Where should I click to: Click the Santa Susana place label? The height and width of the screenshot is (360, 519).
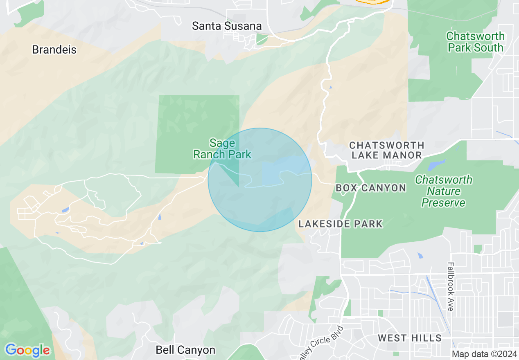(227, 26)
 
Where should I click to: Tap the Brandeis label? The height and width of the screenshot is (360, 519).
(54, 50)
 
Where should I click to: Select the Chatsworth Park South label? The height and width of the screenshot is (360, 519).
(475, 42)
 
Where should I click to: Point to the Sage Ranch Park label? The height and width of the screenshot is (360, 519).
(222, 148)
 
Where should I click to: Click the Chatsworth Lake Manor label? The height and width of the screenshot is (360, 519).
(386, 150)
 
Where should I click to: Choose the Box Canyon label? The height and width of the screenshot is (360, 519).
(371, 188)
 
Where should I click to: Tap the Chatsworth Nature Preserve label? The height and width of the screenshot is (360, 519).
(443, 191)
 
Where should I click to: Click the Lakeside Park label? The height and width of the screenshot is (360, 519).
(341, 224)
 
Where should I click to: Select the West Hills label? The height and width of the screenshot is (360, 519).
(410, 338)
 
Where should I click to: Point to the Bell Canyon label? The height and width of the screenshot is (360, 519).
(185, 350)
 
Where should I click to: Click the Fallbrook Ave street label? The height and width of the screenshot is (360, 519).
(451, 286)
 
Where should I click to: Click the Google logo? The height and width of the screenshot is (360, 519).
(27, 350)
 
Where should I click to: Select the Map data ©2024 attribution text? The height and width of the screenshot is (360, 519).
(484, 354)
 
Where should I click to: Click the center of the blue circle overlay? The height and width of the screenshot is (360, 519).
(260, 180)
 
